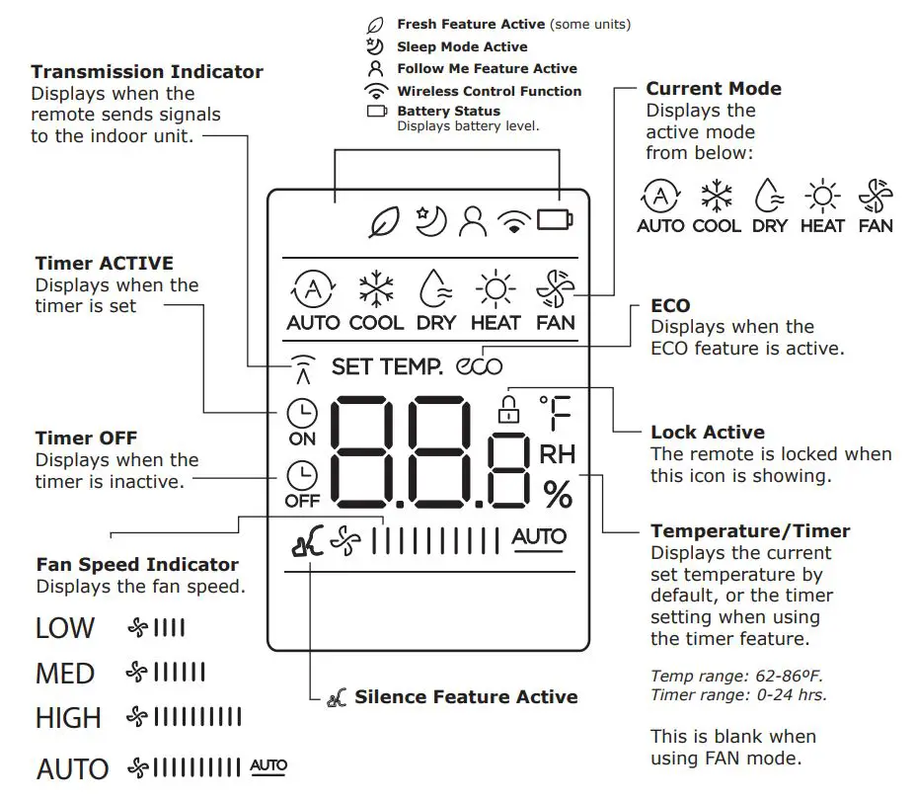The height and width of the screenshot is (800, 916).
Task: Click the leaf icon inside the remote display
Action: click(382, 222)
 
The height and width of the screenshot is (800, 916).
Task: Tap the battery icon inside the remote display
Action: click(555, 219)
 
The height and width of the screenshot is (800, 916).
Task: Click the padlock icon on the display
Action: click(508, 408)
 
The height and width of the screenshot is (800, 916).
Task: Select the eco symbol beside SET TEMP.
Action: click(480, 366)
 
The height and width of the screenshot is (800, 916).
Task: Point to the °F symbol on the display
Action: click(556, 416)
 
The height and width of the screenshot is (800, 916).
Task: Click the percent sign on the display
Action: click(558, 495)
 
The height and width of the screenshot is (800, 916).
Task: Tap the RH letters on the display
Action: click(558, 454)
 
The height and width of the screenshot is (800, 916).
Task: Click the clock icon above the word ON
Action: click(302, 414)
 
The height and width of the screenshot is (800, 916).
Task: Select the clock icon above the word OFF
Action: click(302, 475)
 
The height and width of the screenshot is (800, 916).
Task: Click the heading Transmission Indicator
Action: click(147, 72)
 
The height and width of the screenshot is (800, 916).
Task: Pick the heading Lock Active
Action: click(708, 432)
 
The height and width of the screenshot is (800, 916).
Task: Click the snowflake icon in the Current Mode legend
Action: click(717, 195)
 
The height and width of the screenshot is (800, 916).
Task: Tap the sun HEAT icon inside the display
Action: click(495, 289)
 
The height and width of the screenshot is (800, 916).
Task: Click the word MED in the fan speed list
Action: click(65, 674)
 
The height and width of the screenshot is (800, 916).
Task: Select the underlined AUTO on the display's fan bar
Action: click(539, 537)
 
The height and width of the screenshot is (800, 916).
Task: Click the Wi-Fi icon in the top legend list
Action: click(375, 91)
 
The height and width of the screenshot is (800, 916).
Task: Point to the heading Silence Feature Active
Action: click(466, 697)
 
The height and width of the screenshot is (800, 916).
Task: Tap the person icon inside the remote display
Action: click(473, 222)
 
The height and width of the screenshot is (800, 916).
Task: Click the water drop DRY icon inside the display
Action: click(435, 289)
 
